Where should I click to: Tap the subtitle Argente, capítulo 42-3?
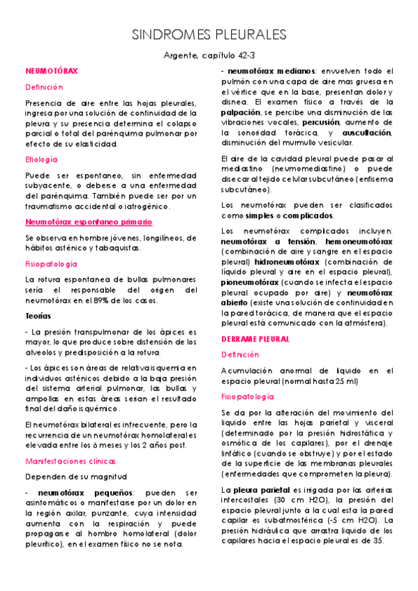209,55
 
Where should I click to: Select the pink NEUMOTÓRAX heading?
52,72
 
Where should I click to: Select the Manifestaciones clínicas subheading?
70,461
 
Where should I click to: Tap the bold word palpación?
241,112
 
